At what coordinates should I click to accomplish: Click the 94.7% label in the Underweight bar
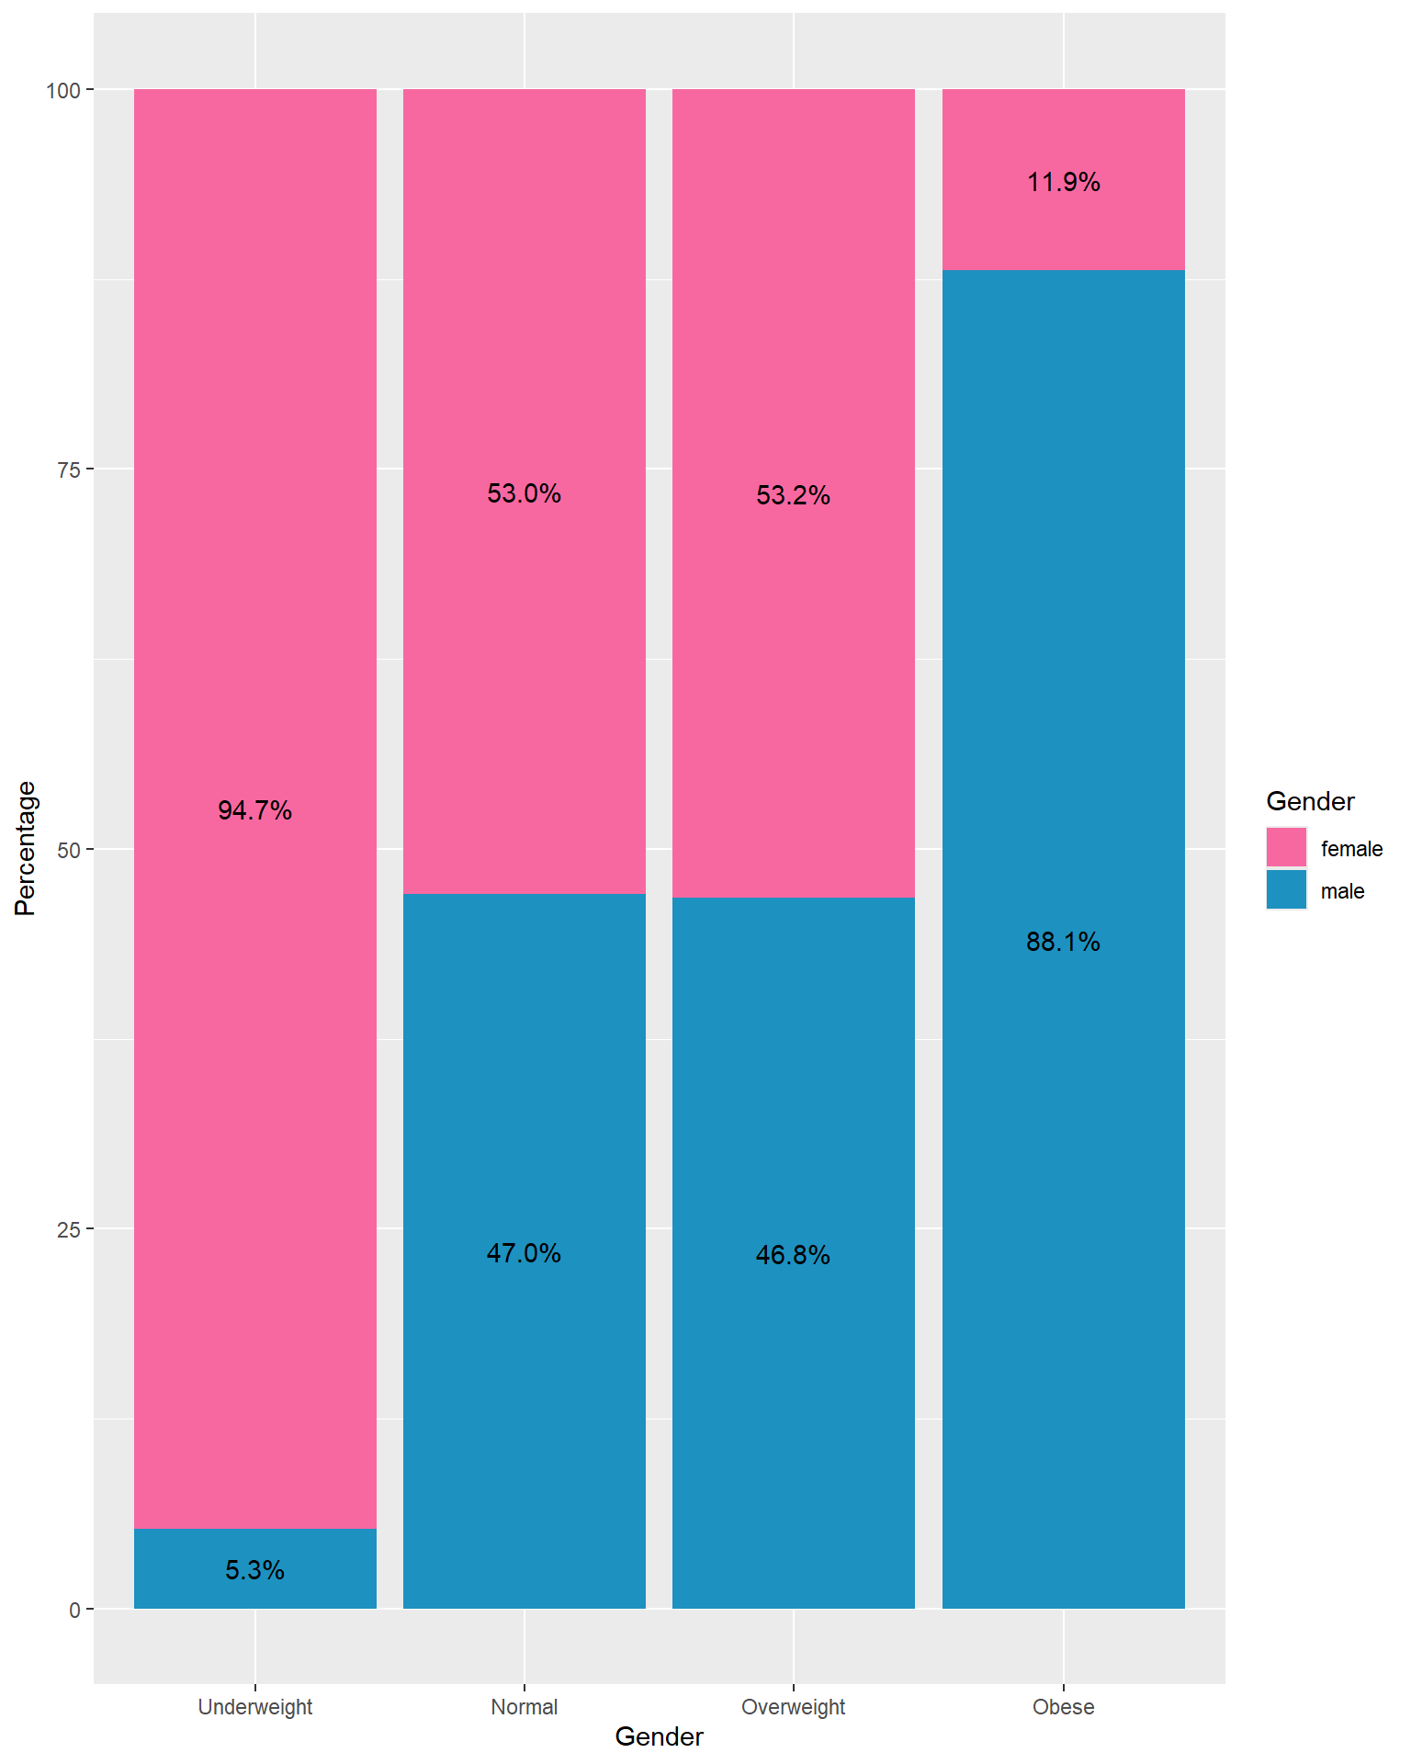point(254,810)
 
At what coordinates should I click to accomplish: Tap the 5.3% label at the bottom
point(254,1570)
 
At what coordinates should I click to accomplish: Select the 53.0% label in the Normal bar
point(524,493)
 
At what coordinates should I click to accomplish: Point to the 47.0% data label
point(524,1253)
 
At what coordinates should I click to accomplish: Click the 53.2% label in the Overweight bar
point(793,495)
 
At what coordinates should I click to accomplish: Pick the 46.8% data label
point(793,1255)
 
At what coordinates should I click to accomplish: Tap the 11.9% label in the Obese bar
point(1063,182)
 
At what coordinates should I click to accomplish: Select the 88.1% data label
point(1063,942)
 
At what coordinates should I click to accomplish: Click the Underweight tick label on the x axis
point(254,1707)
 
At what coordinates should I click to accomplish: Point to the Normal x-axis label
point(524,1707)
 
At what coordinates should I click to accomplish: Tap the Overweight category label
point(793,1707)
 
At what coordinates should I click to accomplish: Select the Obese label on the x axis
point(1063,1707)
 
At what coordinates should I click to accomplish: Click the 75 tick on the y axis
point(69,469)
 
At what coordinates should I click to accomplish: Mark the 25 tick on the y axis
point(69,1229)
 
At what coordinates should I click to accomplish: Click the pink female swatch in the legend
point(1286,847)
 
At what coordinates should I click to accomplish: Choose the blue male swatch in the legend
point(1286,889)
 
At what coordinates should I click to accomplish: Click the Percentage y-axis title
point(26,848)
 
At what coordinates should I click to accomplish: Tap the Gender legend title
point(1310,801)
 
